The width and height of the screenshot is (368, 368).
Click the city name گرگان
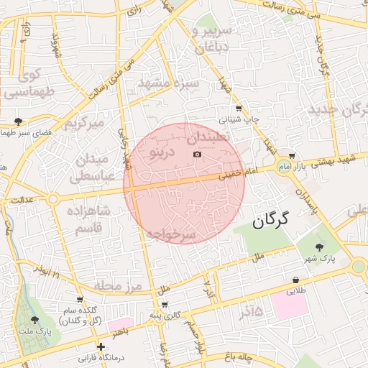click(x=270, y=221)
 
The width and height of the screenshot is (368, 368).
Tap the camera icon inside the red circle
click(x=198, y=155)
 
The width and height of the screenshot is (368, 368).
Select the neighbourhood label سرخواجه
click(x=170, y=234)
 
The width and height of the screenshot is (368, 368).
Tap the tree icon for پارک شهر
click(x=320, y=246)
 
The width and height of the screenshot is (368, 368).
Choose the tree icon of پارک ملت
click(x=34, y=320)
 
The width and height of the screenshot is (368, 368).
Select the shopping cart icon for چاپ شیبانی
click(x=239, y=109)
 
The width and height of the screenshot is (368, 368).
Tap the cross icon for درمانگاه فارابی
click(x=101, y=346)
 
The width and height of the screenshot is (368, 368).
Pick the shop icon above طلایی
click(x=295, y=280)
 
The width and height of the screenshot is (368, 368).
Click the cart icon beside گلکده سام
click(x=80, y=300)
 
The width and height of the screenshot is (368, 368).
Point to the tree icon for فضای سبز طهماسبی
click(x=18, y=121)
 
